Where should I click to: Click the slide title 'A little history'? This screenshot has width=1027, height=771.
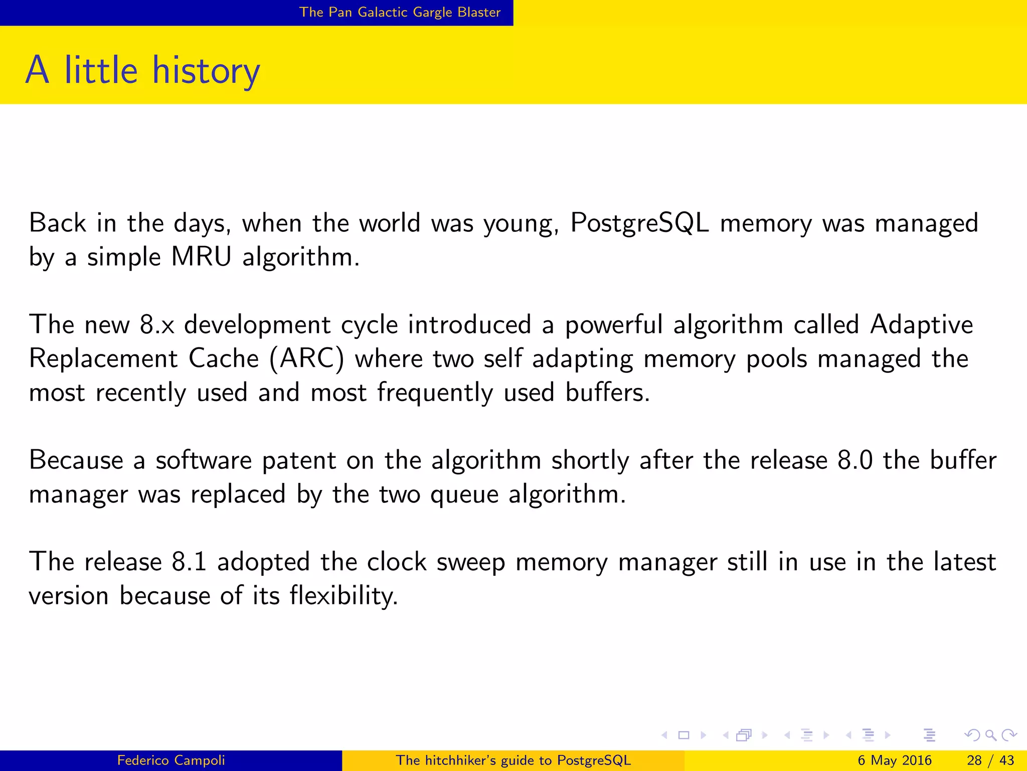tap(143, 70)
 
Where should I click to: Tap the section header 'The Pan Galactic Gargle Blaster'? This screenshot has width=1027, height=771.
tap(400, 12)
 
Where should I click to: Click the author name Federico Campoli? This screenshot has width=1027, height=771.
tap(171, 760)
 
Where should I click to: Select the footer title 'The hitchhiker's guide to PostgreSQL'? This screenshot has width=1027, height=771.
tap(513, 760)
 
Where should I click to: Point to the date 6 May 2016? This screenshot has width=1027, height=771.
tap(894, 760)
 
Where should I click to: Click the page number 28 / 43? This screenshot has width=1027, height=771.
tap(990, 760)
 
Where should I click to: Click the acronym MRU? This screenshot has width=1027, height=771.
tap(201, 257)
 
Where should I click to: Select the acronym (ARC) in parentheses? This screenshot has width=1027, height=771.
tap(307, 359)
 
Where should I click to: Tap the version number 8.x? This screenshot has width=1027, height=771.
tap(157, 325)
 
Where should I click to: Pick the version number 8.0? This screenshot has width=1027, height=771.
tap(855, 460)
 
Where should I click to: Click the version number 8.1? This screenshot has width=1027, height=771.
tap(189, 562)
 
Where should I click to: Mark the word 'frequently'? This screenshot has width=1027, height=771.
tap(435, 393)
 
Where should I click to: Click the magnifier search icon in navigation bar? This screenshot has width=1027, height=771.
tap(990, 735)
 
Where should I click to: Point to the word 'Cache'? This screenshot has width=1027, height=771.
tap(224, 359)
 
